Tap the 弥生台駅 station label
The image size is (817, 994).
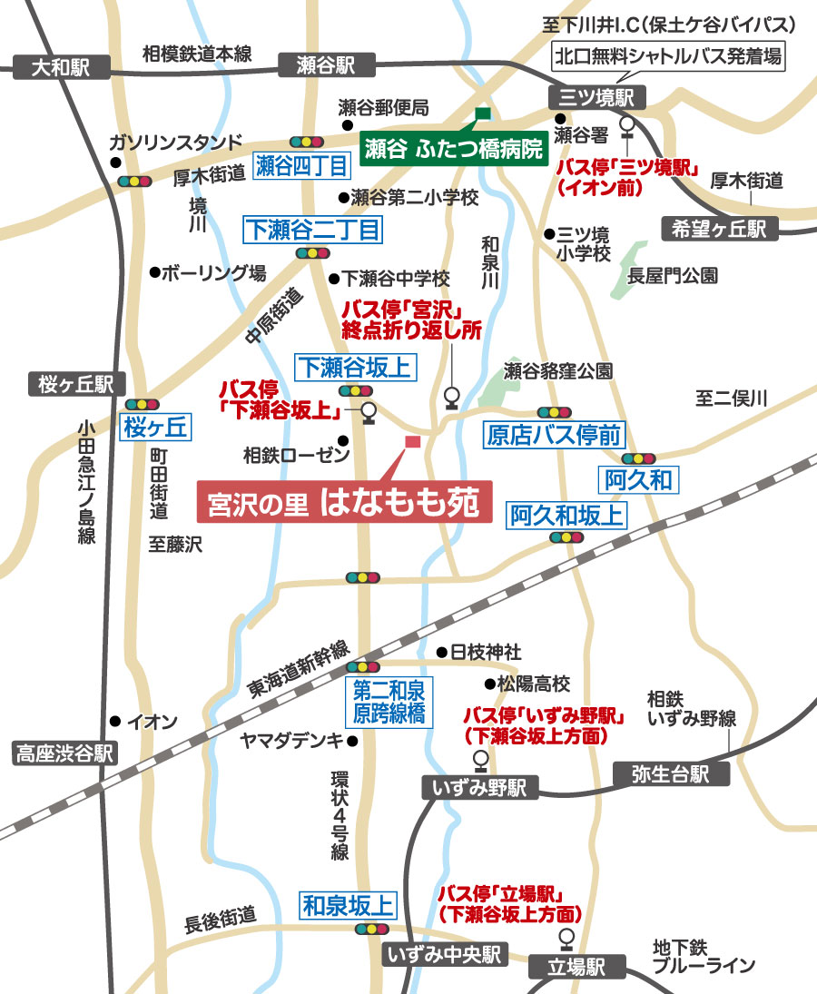tap(673, 774)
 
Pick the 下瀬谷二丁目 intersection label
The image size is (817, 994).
tap(311, 231)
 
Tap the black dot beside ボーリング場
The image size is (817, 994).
tap(154, 271)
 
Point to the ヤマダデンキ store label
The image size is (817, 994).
tap(291, 741)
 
